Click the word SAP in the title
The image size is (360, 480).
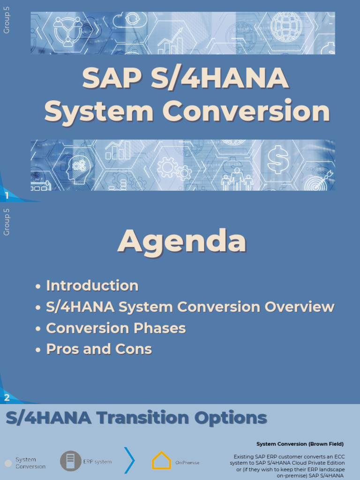[111, 78]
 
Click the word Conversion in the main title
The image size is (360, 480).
[246, 112]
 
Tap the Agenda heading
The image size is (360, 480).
[182, 241]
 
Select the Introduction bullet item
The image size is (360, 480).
[92, 285]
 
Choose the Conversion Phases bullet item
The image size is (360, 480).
[116, 328]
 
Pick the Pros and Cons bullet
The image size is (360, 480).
[99, 349]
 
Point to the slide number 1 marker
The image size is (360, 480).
[7, 196]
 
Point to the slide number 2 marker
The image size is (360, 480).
[7, 398]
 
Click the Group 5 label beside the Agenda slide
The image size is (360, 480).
[7, 222]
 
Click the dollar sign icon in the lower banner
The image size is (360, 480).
[277, 159]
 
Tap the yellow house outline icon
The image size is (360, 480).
[161, 461]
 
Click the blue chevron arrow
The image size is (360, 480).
[130, 460]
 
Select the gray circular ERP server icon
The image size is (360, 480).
[70, 461]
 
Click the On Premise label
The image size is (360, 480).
[187, 463]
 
